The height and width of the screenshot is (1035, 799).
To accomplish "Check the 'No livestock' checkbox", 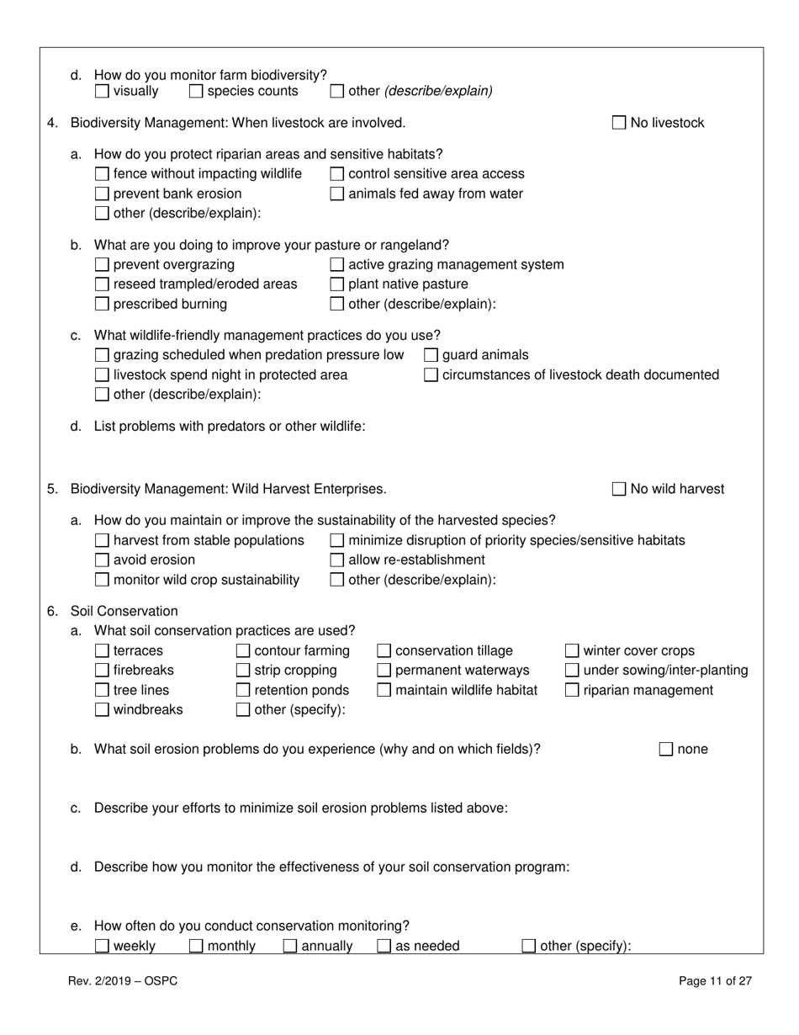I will click(x=619, y=123).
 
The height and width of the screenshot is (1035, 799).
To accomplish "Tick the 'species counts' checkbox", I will click(x=196, y=91).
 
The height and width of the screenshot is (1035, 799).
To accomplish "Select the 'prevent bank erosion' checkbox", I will click(x=102, y=194).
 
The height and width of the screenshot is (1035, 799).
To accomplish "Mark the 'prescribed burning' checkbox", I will click(x=102, y=304).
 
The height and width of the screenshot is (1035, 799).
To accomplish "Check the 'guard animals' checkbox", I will click(x=431, y=355).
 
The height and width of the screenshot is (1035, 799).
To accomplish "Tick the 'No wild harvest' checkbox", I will click(x=619, y=489).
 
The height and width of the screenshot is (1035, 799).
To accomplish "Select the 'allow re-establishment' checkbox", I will click(x=336, y=560).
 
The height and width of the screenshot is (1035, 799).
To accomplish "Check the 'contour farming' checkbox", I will click(x=243, y=650).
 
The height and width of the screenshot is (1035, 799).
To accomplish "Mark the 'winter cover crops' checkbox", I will click(x=572, y=650).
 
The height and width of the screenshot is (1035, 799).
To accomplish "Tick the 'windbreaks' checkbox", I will click(x=102, y=709).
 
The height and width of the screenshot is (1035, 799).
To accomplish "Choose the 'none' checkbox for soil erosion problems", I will click(x=666, y=749).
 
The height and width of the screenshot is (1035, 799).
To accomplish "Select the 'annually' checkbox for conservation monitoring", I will click(x=290, y=946).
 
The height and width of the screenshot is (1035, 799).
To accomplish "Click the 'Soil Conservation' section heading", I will click(x=124, y=611).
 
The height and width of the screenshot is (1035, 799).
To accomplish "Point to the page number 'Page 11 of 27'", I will click(x=715, y=980).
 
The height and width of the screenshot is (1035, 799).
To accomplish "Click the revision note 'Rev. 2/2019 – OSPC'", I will click(x=123, y=980).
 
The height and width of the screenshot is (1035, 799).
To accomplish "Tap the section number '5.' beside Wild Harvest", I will click(x=53, y=489).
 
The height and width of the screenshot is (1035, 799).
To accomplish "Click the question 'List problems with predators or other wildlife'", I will click(x=230, y=426).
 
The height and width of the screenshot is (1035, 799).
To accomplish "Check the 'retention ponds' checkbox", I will click(x=243, y=690).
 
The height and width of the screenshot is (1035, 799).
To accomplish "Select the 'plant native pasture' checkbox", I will click(x=336, y=284).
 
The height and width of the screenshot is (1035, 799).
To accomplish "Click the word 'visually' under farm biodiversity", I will click(x=135, y=91).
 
